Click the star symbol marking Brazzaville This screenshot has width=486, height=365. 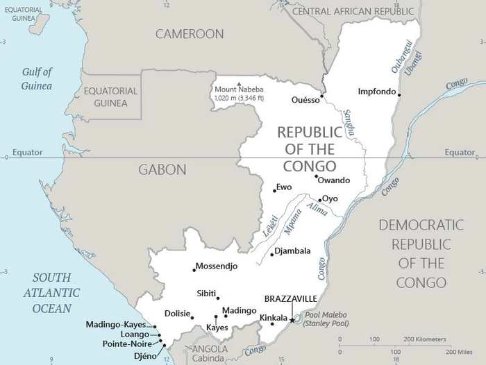pos(292,320)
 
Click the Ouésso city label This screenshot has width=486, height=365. pos(305,100)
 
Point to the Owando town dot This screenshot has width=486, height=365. pos(317,176)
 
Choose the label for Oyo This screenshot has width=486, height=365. pos(330,198)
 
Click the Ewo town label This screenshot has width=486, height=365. pos(284,187)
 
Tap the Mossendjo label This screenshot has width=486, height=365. pos(217,266)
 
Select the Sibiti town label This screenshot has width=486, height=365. pos(207,293)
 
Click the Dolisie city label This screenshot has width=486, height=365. pos(177,314)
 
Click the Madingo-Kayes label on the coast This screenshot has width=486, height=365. pos(116,324)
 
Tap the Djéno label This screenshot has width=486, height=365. pos(146,355)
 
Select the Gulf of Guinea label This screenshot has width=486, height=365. pos(37,78)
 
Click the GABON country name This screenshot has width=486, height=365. pos(162,169)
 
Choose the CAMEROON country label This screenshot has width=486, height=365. pos(190,34)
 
